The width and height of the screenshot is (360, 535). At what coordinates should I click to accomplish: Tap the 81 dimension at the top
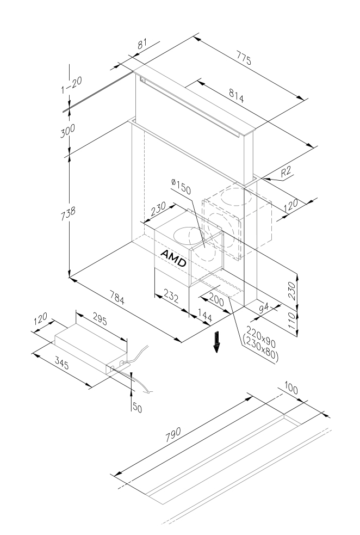142,45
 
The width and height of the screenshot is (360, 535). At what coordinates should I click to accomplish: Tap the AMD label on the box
173,258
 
